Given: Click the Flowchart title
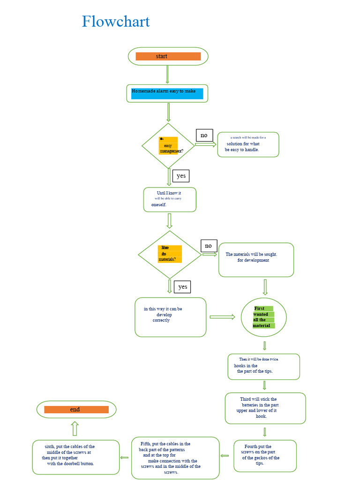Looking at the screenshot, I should click(x=116, y=22).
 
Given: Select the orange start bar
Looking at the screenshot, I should click(x=168, y=56).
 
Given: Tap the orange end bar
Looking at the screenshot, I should click(x=76, y=409).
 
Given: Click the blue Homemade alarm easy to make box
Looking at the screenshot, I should click(x=167, y=93).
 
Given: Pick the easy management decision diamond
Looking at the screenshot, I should click(x=168, y=146).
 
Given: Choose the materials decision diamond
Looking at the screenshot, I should click(x=169, y=254).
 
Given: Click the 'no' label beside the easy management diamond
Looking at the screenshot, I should click(x=204, y=135).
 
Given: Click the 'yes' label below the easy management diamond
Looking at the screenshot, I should click(x=181, y=176).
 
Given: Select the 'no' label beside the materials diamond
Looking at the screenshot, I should click(x=208, y=246).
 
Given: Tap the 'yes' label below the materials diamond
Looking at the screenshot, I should click(x=182, y=286).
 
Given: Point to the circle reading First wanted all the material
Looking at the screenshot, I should click(x=263, y=317).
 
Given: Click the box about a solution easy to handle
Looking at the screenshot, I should click(x=248, y=144).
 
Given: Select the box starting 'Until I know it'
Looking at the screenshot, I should click(x=169, y=200).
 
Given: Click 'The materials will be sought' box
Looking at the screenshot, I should click(x=256, y=260).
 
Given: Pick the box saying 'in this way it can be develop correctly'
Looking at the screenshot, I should click(x=170, y=317).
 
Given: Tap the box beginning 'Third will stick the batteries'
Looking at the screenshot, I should click(x=265, y=408).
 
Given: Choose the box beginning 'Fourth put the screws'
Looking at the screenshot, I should click(x=265, y=455).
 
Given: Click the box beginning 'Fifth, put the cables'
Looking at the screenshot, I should click(x=175, y=457).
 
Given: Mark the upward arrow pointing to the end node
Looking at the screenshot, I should click(x=75, y=428).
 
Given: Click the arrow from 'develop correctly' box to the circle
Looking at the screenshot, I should click(x=222, y=317).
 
